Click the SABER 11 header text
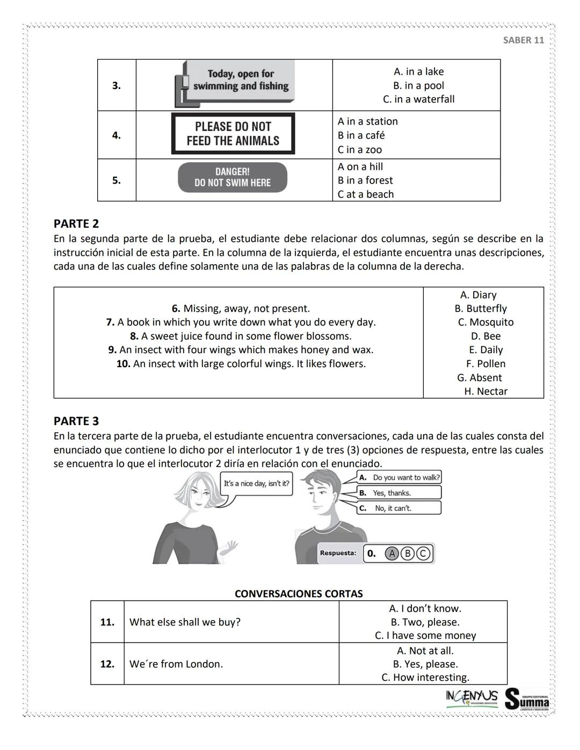click(523, 40)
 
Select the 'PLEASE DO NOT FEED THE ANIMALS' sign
click(233, 134)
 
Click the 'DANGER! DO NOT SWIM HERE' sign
click(233, 177)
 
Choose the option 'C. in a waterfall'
click(418, 99)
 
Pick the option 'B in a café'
click(361, 135)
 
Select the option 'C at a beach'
click(365, 194)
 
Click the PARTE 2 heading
click(76, 223)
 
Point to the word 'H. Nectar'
click(485, 391)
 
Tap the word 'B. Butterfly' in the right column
click(481, 309)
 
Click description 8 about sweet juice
click(241, 336)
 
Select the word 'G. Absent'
click(479, 378)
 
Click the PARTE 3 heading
click(76, 421)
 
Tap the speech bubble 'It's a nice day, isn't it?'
click(256, 484)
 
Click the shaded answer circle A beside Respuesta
click(392, 554)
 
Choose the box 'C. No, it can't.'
click(398, 508)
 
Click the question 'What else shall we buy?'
click(185, 622)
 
